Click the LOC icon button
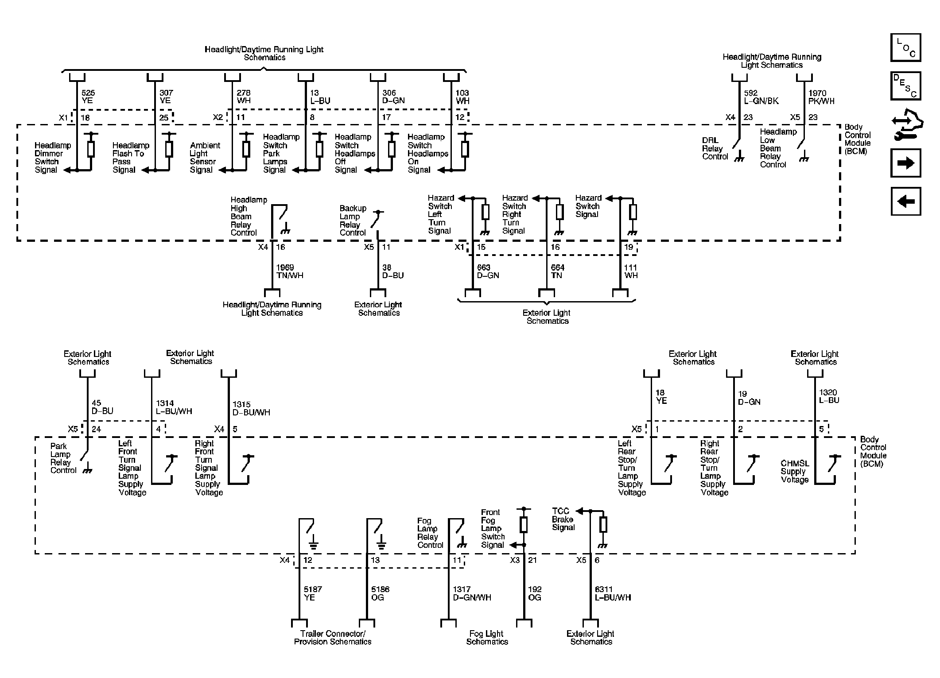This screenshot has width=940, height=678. point(905,47)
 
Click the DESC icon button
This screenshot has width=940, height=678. point(905,86)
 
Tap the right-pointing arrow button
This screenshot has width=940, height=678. point(905,163)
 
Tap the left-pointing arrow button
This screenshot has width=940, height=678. point(905,201)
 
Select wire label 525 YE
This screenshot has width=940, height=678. point(88,97)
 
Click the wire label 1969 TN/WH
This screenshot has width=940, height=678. point(290,271)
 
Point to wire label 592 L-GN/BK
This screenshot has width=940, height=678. point(761,97)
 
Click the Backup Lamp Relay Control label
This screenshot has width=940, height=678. point(353,221)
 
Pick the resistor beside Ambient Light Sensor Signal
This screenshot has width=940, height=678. point(246,149)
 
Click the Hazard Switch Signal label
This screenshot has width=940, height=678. point(588,206)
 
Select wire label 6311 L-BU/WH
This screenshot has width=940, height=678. point(613,593)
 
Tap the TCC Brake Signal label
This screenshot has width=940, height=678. point(563,519)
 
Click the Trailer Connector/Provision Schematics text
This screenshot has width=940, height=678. point(333,638)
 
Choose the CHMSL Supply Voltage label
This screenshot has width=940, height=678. point(795,472)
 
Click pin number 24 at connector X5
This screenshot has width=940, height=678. point(96,429)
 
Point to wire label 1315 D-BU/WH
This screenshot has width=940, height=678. point(251,408)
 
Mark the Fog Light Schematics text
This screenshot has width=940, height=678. point(486,638)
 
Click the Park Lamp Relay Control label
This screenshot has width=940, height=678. point(63,458)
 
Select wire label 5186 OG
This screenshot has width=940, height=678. point(381,593)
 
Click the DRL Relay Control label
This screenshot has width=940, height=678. point(715,148)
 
